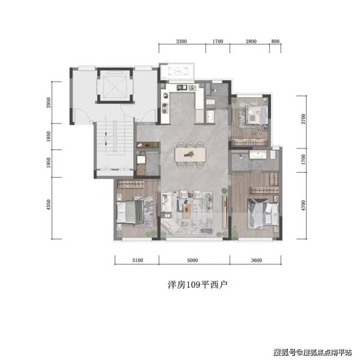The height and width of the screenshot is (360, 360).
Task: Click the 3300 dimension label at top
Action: coord(181,41)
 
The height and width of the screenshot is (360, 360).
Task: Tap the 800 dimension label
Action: coord(275,41)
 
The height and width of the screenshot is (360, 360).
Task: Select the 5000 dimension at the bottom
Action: coord(192,260)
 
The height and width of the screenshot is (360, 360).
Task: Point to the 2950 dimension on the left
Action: coord(49,102)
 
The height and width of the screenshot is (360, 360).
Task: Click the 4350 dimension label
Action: coord(49,204)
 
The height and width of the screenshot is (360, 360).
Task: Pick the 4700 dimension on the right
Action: coord(304,205)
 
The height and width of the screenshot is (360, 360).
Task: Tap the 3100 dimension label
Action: coord(138,260)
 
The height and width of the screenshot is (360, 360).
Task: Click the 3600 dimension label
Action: coord(256,260)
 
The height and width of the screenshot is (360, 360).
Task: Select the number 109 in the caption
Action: coord(193,285)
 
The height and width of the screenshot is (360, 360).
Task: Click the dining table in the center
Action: coord(190,155)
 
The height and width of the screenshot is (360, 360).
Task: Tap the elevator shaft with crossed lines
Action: coord(115,86)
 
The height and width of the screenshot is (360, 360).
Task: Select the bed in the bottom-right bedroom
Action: coord(263,214)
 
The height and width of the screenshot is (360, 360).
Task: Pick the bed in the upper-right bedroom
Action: coord(253,115)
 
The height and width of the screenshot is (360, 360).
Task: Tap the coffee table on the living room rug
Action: coord(187,211)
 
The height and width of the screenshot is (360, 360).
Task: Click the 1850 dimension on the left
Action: coord(49,136)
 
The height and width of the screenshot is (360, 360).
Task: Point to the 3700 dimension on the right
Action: coord(304,119)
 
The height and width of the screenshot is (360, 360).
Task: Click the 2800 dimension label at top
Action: coord(251,41)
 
